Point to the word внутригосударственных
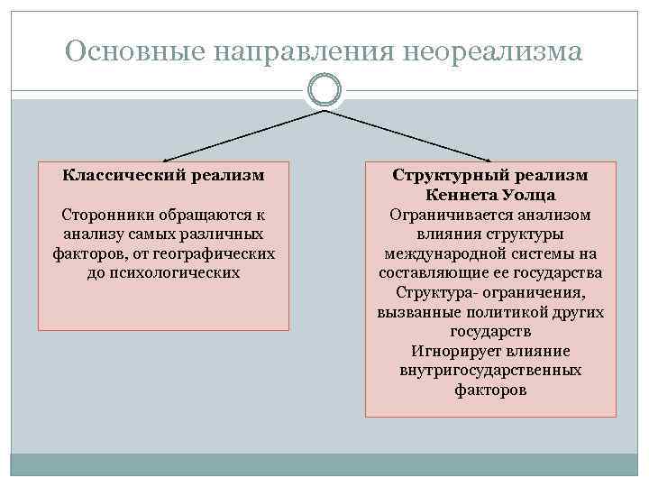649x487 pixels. [x=490, y=371]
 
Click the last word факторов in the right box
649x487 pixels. [x=490, y=391]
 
